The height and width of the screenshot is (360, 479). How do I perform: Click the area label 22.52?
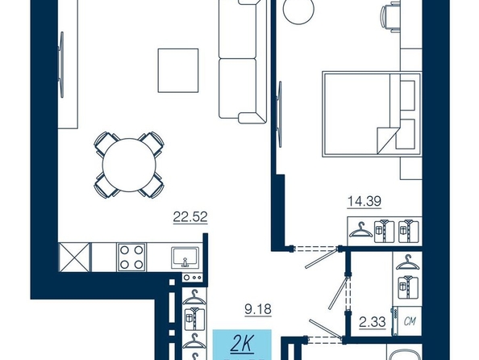click(x=190, y=217)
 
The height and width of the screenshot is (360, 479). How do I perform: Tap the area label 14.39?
click(x=364, y=201)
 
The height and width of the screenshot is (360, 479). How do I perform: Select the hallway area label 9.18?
click(x=258, y=309)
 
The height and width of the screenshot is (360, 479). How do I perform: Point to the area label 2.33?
click(x=373, y=322)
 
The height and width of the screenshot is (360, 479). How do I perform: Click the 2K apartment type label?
click(x=242, y=344)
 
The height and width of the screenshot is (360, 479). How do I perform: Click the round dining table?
click(x=129, y=165)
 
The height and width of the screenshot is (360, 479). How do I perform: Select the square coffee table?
click(x=178, y=70)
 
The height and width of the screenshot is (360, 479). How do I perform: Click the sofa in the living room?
click(x=243, y=61)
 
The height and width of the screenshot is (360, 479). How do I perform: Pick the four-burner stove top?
click(x=131, y=257)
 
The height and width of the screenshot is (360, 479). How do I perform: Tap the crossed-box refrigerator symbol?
click(x=74, y=257)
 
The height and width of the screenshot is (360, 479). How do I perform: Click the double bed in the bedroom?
click(x=372, y=115)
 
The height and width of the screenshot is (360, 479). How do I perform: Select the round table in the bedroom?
click(x=298, y=9)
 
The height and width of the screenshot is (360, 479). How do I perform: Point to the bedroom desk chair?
click(x=390, y=16)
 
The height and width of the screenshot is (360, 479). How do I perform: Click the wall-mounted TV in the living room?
click(x=62, y=65)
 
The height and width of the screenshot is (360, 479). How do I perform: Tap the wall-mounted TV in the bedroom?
click(x=279, y=115)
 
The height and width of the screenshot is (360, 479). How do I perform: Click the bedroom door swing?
click(x=321, y=259)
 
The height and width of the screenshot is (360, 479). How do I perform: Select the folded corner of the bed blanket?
click(x=387, y=140)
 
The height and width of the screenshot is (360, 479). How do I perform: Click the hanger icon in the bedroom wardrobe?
click(x=360, y=230)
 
